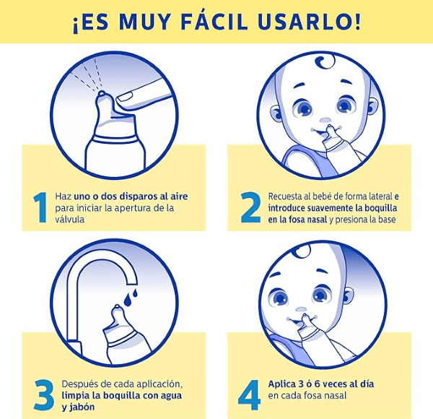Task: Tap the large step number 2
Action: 250,207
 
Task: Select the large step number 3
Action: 44,395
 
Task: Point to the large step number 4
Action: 249,395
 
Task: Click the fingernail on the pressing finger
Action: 126,97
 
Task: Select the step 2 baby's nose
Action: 325,120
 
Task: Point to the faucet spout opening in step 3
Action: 131,284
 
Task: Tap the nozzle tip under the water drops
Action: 117,307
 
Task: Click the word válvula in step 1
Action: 69,219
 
